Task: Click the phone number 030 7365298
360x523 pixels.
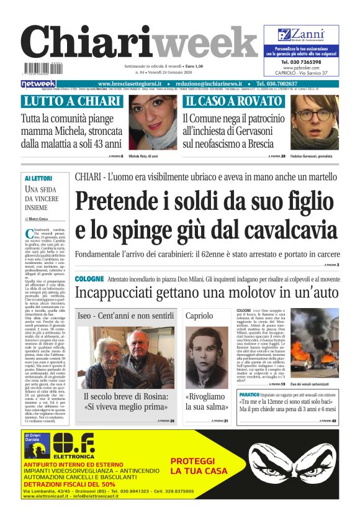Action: pyautogui.click(x=300, y=62)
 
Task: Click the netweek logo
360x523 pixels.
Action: pyautogui.click(x=38, y=84)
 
